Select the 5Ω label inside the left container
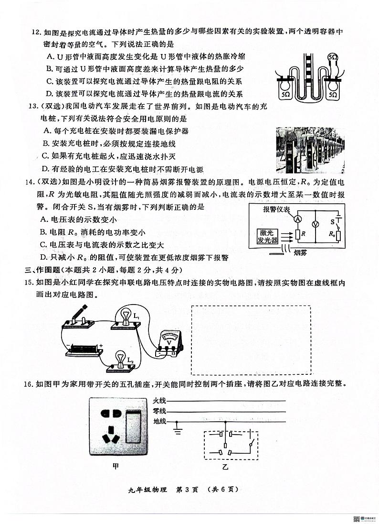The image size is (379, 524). pos(285,95)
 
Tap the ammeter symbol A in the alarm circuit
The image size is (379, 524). pos(297,218)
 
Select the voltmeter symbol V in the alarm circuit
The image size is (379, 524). pos(315,224)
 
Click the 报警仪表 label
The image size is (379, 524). pos(276,210)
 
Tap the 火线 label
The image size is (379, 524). pos(159,400)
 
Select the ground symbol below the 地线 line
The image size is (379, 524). pos(177,431)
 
